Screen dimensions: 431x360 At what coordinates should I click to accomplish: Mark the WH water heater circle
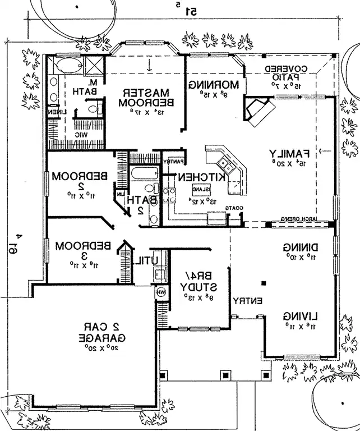[x=161, y=292]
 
